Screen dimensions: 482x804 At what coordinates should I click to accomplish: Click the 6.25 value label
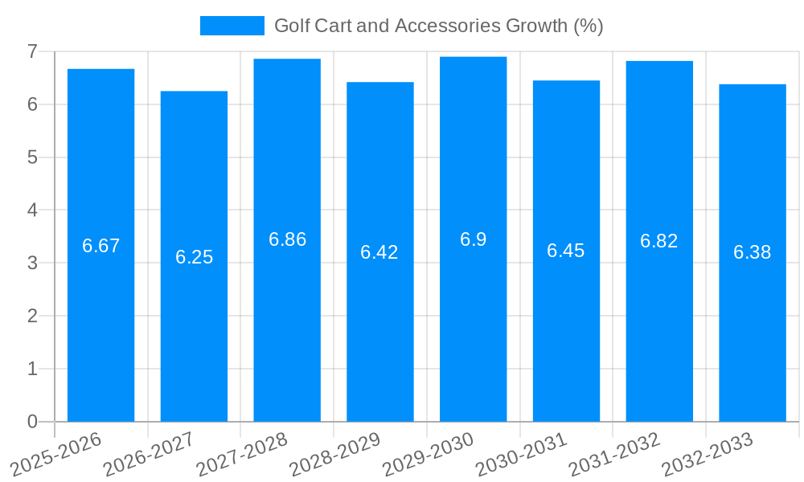194,257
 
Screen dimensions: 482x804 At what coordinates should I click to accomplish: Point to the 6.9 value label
473,239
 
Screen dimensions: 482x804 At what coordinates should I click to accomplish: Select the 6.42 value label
379,252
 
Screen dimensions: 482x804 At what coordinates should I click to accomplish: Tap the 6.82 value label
659,241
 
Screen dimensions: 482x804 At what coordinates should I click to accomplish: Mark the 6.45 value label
566,251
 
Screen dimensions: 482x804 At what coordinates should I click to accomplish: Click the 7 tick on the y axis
32,51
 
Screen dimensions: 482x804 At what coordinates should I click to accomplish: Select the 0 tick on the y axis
32,422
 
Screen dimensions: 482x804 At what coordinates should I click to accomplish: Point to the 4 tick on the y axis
32,210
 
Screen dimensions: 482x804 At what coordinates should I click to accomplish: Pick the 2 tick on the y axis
32,316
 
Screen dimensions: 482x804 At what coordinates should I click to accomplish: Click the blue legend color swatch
232,26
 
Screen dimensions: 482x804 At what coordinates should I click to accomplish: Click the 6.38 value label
753,252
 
